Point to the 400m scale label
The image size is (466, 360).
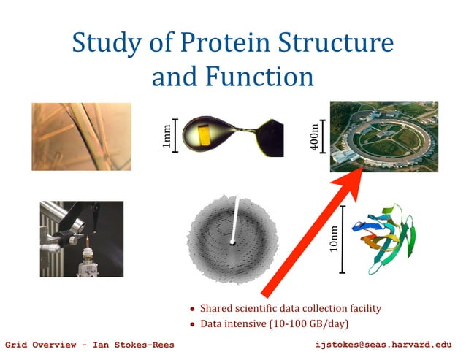(x=314, y=137)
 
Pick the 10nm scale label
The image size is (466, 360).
(x=334, y=239)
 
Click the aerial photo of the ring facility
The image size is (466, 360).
(x=383, y=136)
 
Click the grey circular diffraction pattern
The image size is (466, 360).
(x=230, y=237)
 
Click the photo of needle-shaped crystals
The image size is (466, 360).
(x=81, y=137)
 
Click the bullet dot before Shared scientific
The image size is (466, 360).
(x=192, y=309)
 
